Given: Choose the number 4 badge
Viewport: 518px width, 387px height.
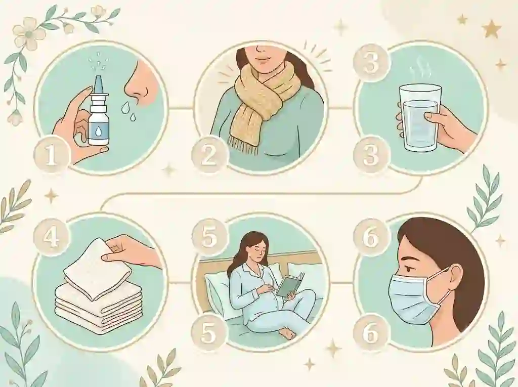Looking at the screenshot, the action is click(x=51, y=237).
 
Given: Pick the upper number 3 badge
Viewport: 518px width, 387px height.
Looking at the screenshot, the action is click(x=370, y=62).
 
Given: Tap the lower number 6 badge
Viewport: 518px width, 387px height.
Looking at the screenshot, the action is click(x=370, y=333).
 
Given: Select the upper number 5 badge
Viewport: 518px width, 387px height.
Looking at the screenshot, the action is click(x=209, y=237).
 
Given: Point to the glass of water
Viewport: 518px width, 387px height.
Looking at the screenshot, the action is click(x=419, y=117).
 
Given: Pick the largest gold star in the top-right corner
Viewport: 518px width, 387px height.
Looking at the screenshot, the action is click(x=492, y=29).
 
